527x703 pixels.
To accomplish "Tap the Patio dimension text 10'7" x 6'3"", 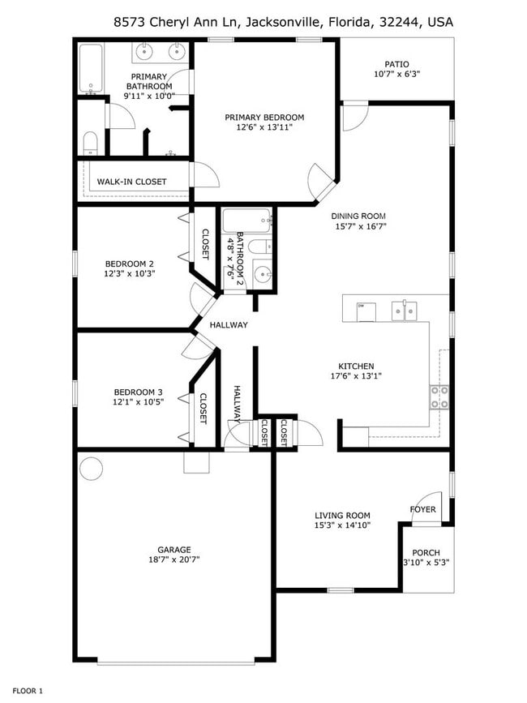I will (x=396, y=75).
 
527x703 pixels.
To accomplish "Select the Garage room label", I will (x=174, y=548).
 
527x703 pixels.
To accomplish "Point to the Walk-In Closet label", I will (x=131, y=182).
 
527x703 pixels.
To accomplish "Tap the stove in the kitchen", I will (x=439, y=397).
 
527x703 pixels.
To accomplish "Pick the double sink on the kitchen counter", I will (x=404, y=309).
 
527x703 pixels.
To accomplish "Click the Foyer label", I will (x=422, y=509).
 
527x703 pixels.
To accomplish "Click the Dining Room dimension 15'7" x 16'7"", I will (x=358, y=226).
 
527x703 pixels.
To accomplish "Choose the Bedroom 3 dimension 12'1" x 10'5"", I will (x=138, y=402).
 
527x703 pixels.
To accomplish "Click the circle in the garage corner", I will (x=92, y=469).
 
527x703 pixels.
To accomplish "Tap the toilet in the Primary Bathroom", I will (x=91, y=144).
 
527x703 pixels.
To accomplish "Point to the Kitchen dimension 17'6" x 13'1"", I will (x=356, y=375).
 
